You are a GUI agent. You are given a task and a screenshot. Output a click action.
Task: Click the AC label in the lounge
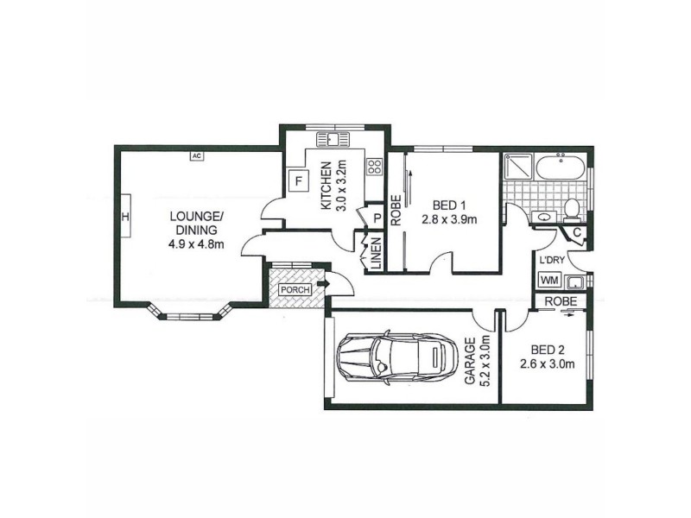pos(196,155)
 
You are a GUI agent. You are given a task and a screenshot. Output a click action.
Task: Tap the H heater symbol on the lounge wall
pos(124,217)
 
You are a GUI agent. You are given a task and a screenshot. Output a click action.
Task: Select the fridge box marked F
pos(299,181)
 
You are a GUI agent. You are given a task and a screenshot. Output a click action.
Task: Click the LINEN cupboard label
pos(376,252)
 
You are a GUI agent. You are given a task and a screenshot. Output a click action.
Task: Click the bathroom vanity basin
pos(544,218)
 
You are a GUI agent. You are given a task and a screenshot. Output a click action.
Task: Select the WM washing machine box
pos(548,280)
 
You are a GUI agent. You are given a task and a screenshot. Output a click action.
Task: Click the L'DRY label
pos(552,261)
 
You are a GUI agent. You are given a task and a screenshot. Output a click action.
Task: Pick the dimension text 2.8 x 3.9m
pos(449,219)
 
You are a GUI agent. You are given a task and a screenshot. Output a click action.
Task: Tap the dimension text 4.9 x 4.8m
pos(197,243)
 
